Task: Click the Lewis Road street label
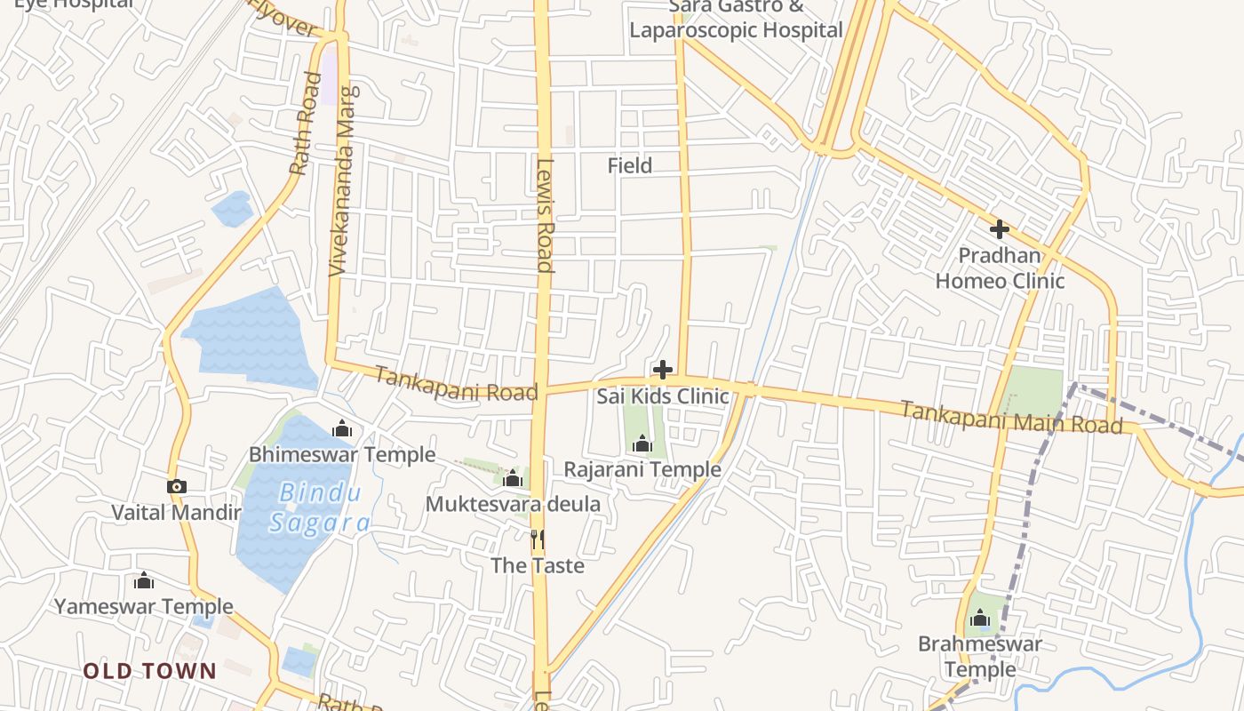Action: [545, 214]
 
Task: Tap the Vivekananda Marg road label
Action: [345, 180]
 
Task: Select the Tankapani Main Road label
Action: [1011, 417]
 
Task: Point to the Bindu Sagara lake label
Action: [319, 508]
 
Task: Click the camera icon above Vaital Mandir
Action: [176, 486]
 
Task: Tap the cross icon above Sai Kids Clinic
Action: [662, 370]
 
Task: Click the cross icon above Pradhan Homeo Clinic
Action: [999, 229]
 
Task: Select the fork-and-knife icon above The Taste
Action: [537, 539]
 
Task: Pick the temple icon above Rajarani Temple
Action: [642, 443]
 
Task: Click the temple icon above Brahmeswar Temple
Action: [980, 618]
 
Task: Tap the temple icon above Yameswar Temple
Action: [144, 581]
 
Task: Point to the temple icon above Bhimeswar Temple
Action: [342, 429]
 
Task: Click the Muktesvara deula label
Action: [513, 505]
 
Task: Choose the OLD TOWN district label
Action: [150, 671]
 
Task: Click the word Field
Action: [630, 165]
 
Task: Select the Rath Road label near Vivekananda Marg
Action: [304, 123]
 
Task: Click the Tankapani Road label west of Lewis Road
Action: [456, 384]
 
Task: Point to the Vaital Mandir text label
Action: [176, 513]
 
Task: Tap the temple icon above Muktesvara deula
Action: [512, 479]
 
